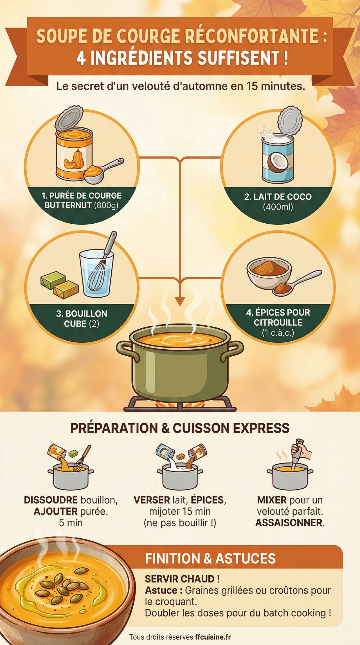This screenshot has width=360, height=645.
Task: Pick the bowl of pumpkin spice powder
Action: pyautogui.click(x=269, y=270)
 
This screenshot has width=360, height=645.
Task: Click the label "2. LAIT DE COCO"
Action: pyautogui.click(x=278, y=197)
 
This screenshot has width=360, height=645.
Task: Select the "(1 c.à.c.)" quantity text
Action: pyautogui.click(x=278, y=333)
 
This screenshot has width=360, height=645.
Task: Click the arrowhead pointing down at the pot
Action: pyautogui.click(x=180, y=302)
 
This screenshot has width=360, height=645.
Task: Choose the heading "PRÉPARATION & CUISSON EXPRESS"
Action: pyautogui.click(x=180, y=428)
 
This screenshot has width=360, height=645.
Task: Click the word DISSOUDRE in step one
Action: pyautogui.click(x=51, y=500)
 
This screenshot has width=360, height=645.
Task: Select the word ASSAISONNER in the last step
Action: pyautogui.click(x=289, y=523)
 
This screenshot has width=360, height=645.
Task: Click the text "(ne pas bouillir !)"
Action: pyautogui.click(x=180, y=523)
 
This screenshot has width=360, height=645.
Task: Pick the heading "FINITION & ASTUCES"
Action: pyautogui.click(x=210, y=559)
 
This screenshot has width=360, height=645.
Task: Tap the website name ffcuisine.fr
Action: pyautogui.click(x=213, y=637)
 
